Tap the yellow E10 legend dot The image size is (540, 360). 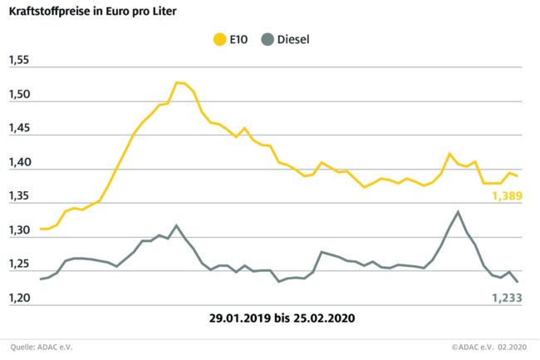click(x=220, y=38)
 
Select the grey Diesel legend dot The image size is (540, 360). click(x=268, y=38)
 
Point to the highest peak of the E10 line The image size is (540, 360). click(x=178, y=82)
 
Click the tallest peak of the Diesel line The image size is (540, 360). click(x=458, y=211)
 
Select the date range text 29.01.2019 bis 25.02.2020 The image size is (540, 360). click(x=269, y=318)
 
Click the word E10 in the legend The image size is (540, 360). click(x=242, y=38)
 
